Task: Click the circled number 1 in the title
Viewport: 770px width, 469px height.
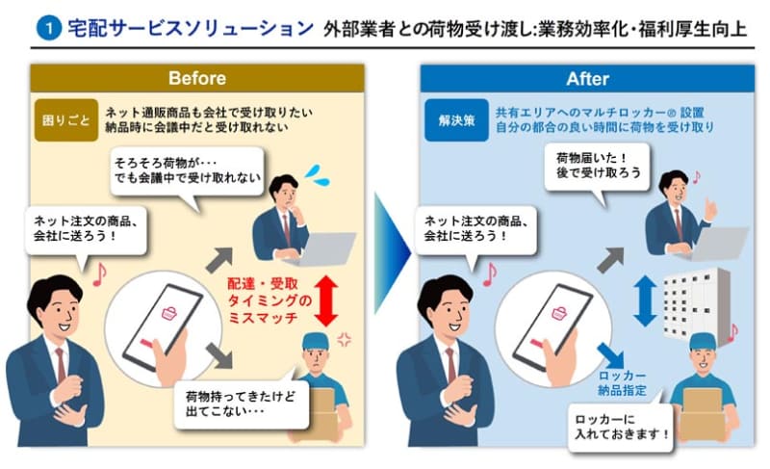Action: click(x=49, y=28)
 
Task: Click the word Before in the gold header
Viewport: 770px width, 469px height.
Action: click(x=197, y=78)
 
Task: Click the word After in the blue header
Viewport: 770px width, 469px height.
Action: click(x=587, y=79)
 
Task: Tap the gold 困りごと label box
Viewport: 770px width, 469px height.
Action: click(x=65, y=120)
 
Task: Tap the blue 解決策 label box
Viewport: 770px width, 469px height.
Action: click(x=456, y=120)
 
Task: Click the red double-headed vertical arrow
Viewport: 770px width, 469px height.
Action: click(x=326, y=301)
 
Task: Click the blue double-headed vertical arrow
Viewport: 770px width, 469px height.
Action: click(x=645, y=300)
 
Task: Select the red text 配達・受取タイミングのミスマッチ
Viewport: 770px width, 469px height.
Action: click(x=269, y=300)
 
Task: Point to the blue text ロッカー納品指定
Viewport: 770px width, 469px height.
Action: click(x=622, y=383)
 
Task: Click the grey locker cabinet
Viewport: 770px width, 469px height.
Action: click(x=697, y=305)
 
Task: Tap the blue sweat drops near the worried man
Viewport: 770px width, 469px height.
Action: click(x=317, y=175)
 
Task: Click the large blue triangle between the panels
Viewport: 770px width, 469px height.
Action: click(x=392, y=253)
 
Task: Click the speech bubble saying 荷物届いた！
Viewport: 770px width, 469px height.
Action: click(x=597, y=169)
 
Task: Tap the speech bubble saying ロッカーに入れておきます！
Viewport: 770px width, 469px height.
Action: click(x=621, y=427)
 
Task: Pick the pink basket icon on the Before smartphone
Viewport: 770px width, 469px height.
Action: click(x=169, y=313)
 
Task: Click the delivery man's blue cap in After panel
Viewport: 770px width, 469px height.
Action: click(x=703, y=341)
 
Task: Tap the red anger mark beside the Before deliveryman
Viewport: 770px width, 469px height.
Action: click(x=344, y=339)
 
